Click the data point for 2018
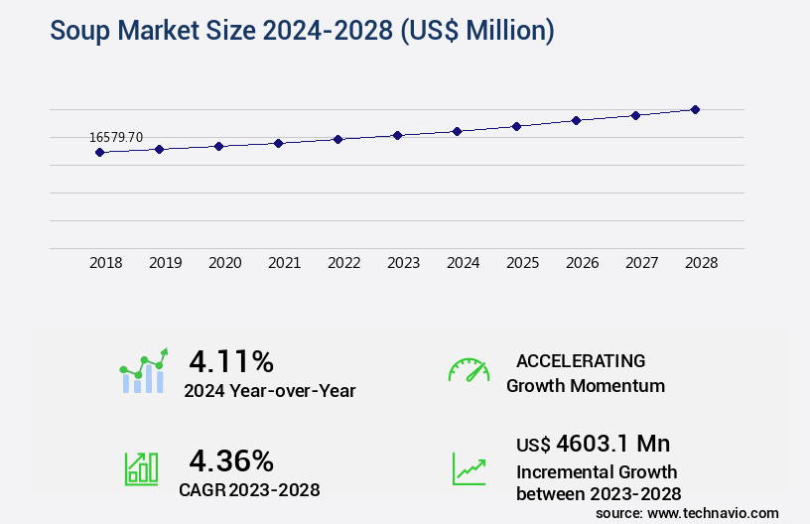(99, 152)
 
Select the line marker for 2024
(457, 131)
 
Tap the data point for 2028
(695, 109)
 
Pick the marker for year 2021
(278, 143)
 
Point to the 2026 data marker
(576, 120)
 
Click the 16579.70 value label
(116, 138)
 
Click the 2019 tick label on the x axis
(165, 263)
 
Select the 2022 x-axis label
(343, 263)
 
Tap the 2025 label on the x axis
(522, 263)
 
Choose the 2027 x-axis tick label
(641, 263)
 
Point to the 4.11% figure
(231, 360)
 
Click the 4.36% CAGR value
(231, 460)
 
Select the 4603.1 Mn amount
(613, 443)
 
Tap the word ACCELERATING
(581, 361)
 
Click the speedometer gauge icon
(469, 370)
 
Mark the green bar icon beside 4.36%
(141, 468)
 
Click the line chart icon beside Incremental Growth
(469, 468)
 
